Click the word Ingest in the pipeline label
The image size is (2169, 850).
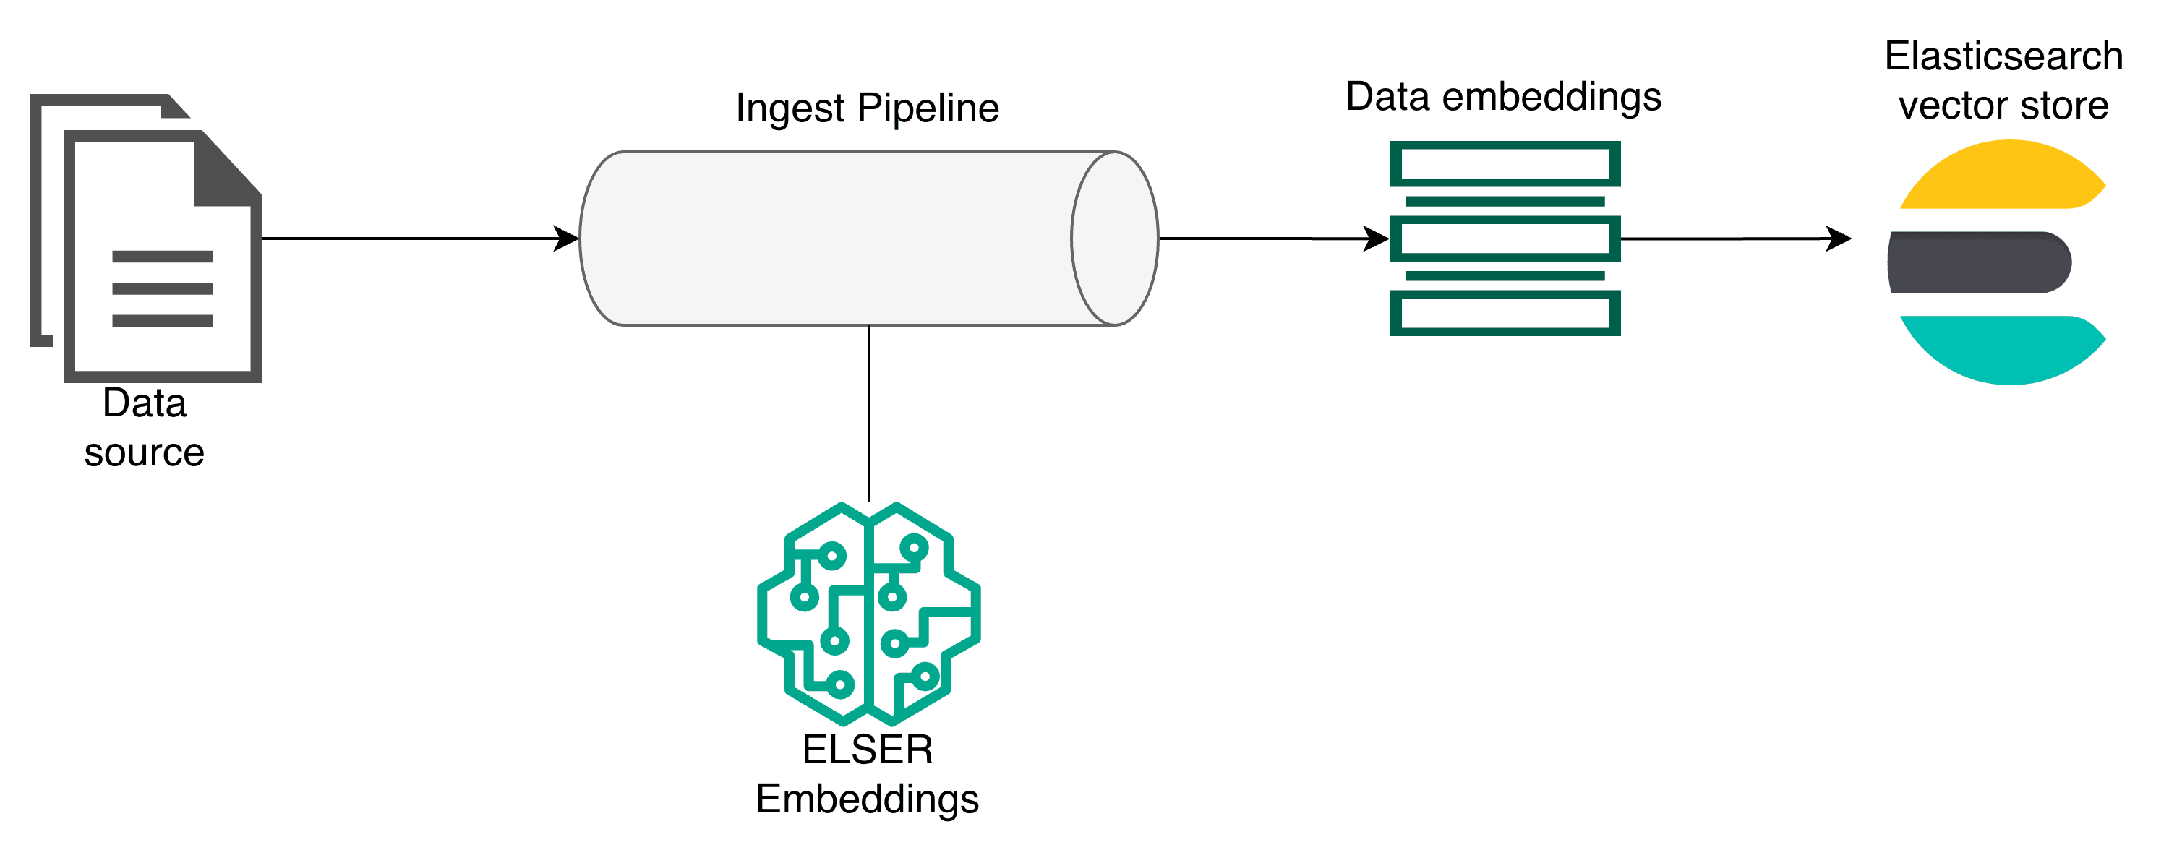[x=789, y=108]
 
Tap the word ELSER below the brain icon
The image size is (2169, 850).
[x=868, y=749]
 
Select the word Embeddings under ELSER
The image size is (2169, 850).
[x=868, y=799]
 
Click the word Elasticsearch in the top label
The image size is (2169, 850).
[x=2003, y=56]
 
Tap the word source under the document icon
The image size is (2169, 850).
[x=144, y=452]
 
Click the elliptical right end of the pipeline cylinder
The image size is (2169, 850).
[x=1115, y=239]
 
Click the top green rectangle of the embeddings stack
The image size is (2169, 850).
[x=1504, y=163]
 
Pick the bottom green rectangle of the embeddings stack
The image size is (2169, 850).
[x=1504, y=313]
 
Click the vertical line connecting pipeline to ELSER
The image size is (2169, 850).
[x=868, y=413]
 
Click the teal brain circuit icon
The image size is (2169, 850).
[x=868, y=614]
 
